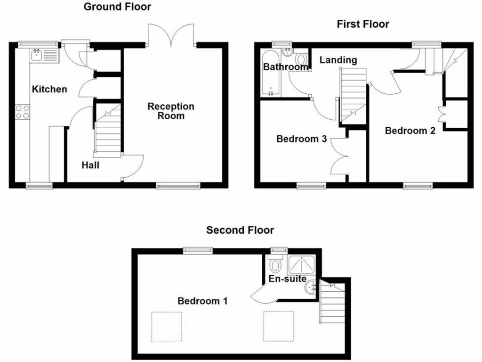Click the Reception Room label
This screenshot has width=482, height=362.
point(171,111)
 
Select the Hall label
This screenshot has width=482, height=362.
point(90,165)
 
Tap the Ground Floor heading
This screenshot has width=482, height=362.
point(117,7)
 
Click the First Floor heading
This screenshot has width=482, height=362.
point(363,24)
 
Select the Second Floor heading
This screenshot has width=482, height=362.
point(240,230)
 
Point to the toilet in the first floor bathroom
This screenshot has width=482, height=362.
point(301,60)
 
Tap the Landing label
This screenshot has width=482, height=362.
point(338,60)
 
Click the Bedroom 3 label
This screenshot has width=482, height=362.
point(301,139)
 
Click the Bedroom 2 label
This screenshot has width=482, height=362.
point(410,131)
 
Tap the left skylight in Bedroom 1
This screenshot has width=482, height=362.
point(166,327)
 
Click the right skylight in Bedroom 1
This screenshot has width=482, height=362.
point(279,326)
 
